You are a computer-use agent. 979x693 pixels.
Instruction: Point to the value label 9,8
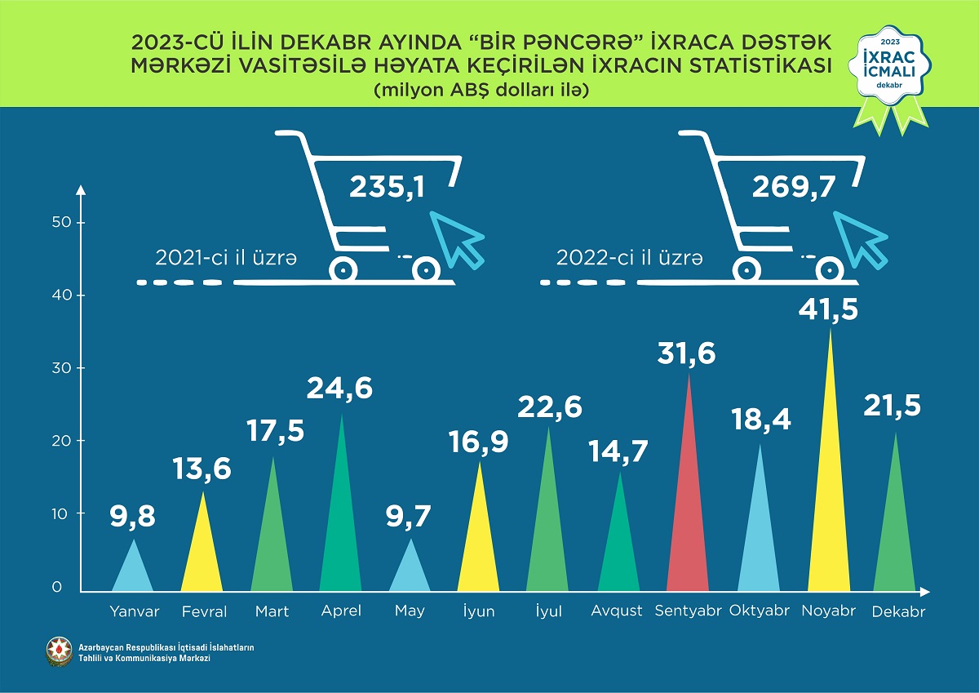coord(132,516)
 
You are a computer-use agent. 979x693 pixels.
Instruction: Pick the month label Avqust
coord(618,611)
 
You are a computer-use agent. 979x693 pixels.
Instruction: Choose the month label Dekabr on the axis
coord(897,612)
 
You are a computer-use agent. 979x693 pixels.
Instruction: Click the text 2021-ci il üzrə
coord(226,258)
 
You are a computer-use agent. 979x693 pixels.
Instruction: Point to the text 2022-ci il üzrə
coord(629,258)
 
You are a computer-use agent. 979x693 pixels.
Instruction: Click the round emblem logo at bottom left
coord(58,651)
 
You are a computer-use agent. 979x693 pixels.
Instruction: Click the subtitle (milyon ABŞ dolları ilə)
coord(481,91)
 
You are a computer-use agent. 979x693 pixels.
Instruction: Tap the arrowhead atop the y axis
coord(80,190)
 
